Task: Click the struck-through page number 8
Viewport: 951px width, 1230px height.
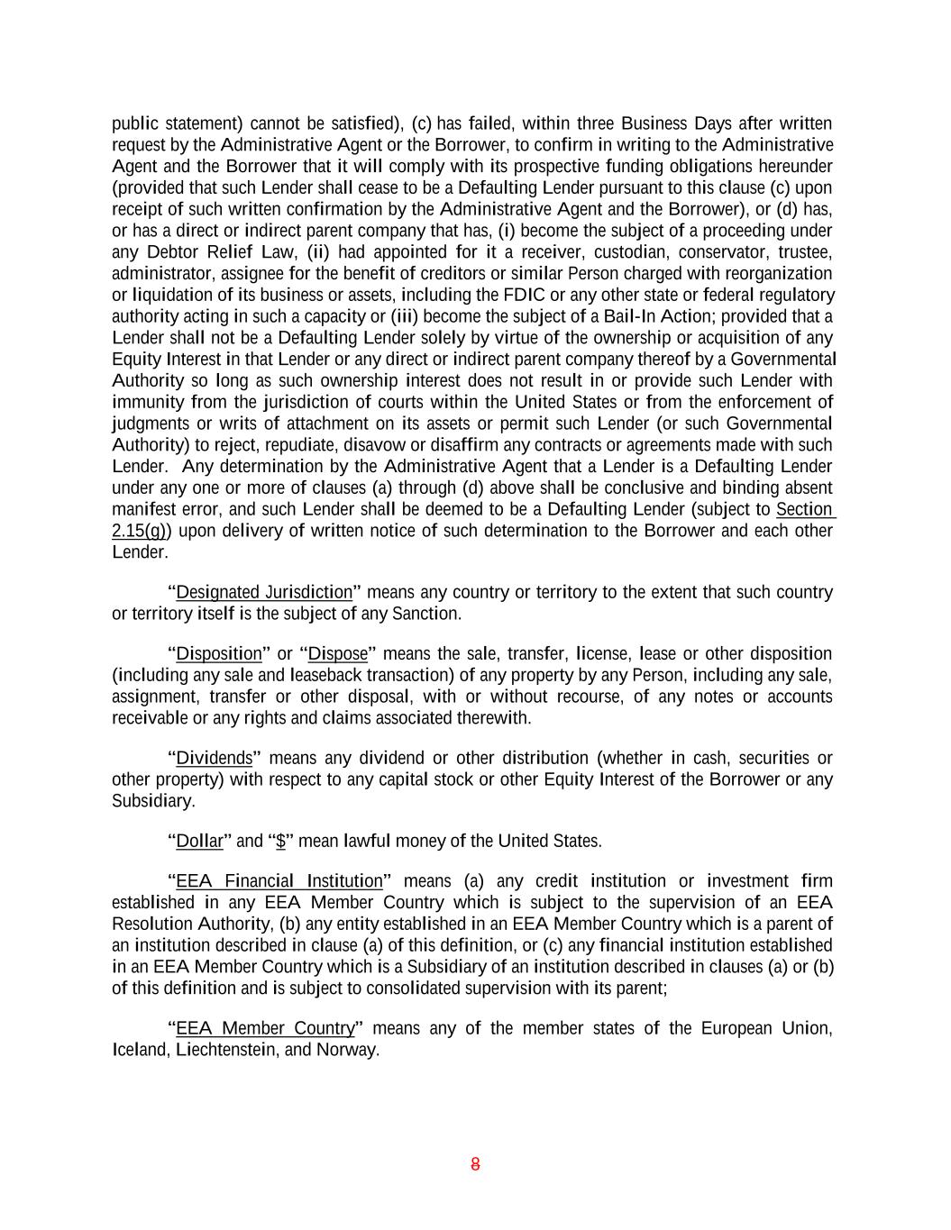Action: (475, 1164)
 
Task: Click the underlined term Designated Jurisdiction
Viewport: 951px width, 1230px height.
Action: (264, 592)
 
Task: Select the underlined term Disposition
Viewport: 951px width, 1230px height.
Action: (218, 653)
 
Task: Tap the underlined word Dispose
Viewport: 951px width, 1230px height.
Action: (338, 653)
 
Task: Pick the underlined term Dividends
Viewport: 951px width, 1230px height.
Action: (214, 758)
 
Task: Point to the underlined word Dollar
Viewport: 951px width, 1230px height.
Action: (199, 841)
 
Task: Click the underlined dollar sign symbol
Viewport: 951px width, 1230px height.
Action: (281, 841)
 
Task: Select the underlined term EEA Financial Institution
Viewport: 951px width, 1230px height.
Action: (279, 880)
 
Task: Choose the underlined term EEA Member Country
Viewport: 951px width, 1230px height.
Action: (265, 1028)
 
